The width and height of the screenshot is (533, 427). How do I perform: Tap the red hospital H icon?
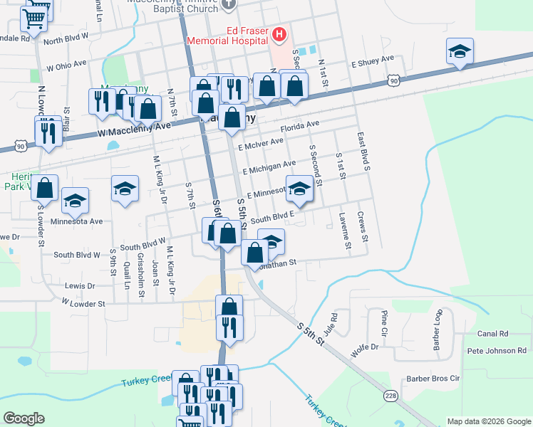[279, 33]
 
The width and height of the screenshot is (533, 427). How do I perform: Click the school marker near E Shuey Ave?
[460, 52]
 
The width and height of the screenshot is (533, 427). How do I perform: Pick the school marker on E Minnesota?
[300, 189]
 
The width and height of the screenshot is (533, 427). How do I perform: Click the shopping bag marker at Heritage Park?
[45, 189]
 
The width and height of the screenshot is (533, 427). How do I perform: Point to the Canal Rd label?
[492, 333]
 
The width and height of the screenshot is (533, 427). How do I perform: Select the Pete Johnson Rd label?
[496, 351]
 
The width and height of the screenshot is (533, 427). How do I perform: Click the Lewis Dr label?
[80, 285]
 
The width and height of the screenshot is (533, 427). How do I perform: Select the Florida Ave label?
[299, 127]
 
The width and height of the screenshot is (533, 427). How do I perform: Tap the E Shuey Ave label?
[372, 61]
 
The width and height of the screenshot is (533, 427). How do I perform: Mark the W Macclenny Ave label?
[135, 129]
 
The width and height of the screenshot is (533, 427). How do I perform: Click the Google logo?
[24, 418]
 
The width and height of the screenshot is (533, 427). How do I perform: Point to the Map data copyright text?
[488, 421]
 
